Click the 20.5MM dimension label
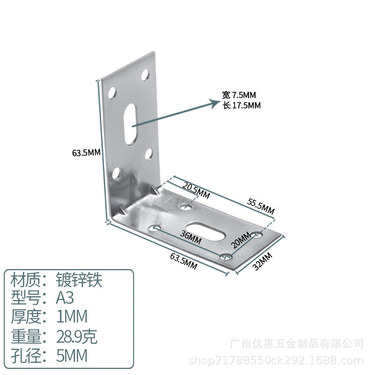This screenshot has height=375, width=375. [196, 190]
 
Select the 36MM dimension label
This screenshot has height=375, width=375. [191, 237]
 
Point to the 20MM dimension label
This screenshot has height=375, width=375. [240, 240]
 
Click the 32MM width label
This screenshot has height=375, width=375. [262, 261]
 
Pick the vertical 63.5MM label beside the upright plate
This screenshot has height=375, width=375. [86, 152]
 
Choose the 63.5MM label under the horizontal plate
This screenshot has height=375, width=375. [184, 261]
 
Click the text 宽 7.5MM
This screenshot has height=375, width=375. [239, 95]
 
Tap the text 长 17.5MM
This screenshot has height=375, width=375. [241, 105]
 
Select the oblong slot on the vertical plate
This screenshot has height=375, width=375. [130, 124]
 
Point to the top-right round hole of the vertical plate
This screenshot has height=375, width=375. [145, 75]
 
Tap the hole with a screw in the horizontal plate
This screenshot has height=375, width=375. [226, 257]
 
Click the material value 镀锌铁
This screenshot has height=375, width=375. [79, 280]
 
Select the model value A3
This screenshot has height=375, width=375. [65, 298]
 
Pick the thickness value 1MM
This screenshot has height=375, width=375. [72, 316]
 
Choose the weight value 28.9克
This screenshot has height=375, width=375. [76, 336]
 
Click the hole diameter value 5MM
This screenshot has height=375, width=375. [72, 355]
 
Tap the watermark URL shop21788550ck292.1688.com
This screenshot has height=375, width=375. [276, 360]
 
